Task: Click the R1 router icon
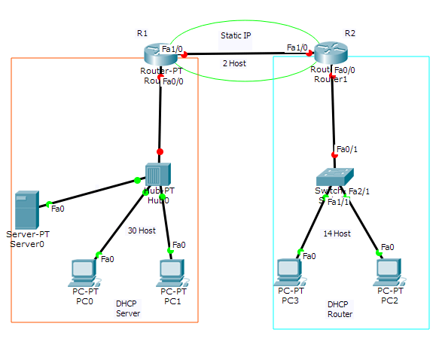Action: pyautogui.click(x=158, y=53)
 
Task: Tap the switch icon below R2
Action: pyautogui.click(x=334, y=177)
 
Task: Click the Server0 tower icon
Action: pyautogui.click(x=26, y=211)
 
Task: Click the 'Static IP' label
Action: pyautogui.click(x=236, y=35)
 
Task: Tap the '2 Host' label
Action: pyautogui.click(x=234, y=64)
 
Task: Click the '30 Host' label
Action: pyautogui.click(x=141, y=230)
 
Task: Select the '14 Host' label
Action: pyautogui.click(x=337, y=233)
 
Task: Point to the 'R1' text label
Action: pyautogui.click(x=142, y=33)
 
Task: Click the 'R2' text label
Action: pyautogui.click(x=349, y=33)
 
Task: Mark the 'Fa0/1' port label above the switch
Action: pyautogui.click(x=347, y=149)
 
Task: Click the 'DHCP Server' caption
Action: pyautogui.click(x=128, y=309)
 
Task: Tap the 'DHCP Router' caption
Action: pyautogui.click(x=340, y=309)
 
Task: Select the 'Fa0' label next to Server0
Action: pyautogui.click(x=58, y=209)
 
